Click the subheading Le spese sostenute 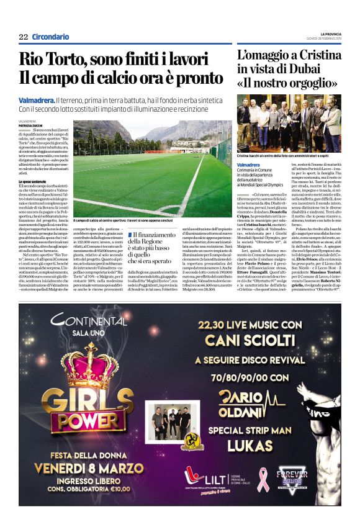click(34, 181)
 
